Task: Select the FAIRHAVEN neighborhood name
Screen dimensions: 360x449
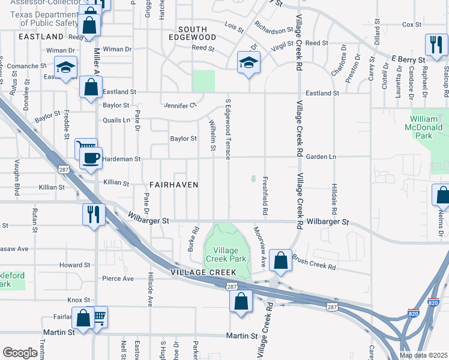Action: coord(173,185)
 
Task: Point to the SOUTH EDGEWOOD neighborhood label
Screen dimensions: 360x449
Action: coord(192,34)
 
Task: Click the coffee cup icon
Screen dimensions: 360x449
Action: coord(91,158)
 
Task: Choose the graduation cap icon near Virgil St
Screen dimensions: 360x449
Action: coord(248,62)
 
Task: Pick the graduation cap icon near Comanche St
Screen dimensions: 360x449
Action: coord(65,67)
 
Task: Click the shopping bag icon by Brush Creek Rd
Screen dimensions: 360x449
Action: coord(280,260)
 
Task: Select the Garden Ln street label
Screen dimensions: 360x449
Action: coord(320,157)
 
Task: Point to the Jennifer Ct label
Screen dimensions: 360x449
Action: coord(180,106)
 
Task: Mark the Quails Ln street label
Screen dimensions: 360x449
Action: coord(116,120)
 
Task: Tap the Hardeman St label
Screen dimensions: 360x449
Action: coord(121,160)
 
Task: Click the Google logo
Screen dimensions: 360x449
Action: coord(20,353)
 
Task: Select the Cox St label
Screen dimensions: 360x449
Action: coord(412,25)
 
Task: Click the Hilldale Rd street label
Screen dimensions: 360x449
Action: coord(334,199)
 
